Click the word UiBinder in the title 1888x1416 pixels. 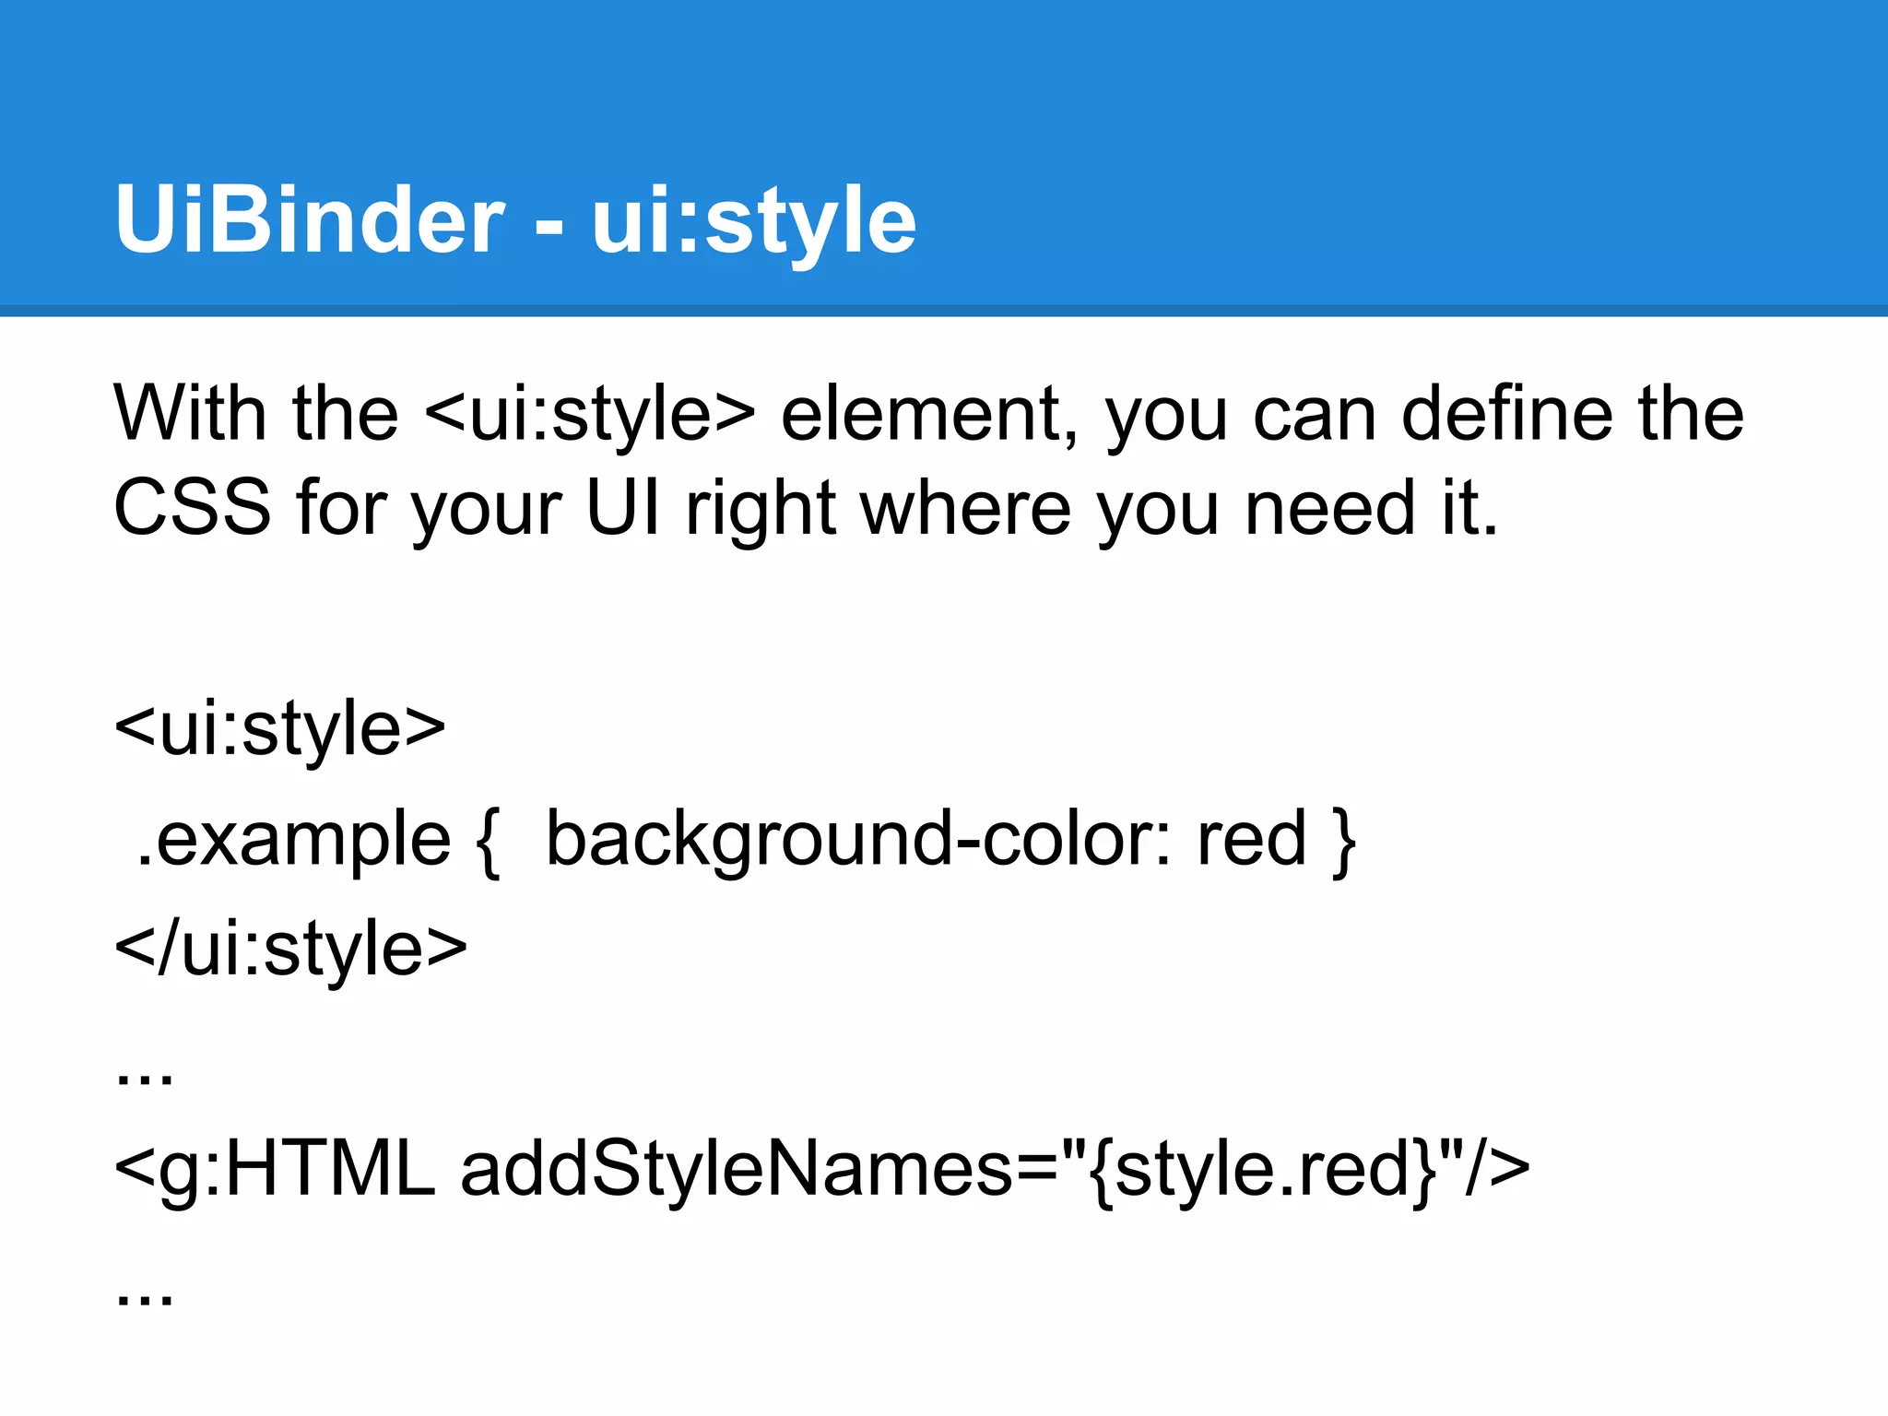pyautogui.click(x=310, y=219)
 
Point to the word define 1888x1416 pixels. pyautogui.click(x=1507, y=414)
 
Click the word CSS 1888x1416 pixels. pyautogui.click(x=192, y=508)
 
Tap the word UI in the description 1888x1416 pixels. pyautogui.click(x=623, y=508)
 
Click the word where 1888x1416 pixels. pyautogui.click(x=965, y=508)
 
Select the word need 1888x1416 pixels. pyautogui.click(x=1329, y=508)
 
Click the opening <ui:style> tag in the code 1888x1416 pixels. pyautogui.click(x=279, y=729)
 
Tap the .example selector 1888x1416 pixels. pyautogui.click(x=293, y=840)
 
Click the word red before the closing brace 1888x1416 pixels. pyautogui.click(x=1251, y=840)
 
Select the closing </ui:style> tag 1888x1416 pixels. pyautogui.click(x=290, y=950)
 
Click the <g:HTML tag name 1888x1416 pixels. pyautogui.click(x=274, y=1170)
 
